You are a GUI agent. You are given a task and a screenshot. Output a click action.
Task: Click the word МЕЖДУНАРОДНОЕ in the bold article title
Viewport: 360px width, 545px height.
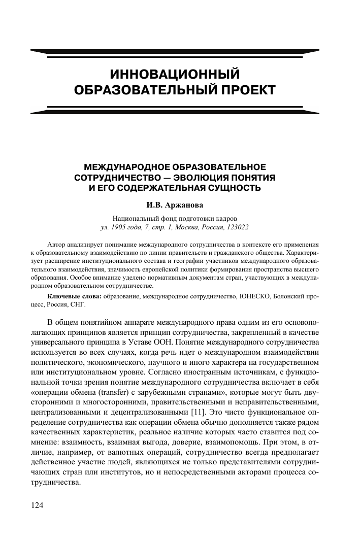click(x=129, y=167)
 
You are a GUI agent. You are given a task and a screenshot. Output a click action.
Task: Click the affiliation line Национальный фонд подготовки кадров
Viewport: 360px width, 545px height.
click(x=175, y=219)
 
